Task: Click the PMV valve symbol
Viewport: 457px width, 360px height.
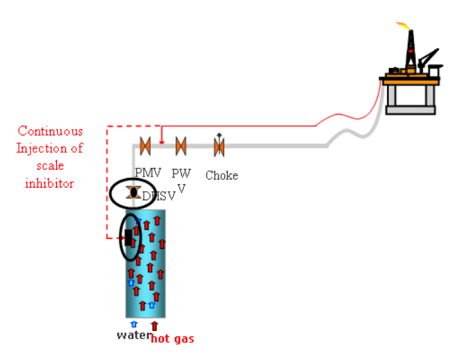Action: pyautogui.click(x=145, y=146)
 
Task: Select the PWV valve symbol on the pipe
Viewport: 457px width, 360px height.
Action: pyautogui.click(x=181, y=146)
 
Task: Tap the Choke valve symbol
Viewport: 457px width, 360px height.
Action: pyautogui.click(x=219, y=146)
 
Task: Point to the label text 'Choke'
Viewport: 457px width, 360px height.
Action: pyautogui.click(x=222, y=176)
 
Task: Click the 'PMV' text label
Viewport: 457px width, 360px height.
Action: pyautogui.click(x=148, y=172)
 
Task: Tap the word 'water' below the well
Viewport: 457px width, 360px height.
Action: pyautogui.click(x=133, y=336)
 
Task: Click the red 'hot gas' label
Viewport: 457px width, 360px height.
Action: pyautogui.click(x=172, y=339)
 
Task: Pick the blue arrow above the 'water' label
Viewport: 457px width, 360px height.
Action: pyautogui.click(x=134, y=324)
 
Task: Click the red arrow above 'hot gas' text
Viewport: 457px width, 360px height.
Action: pyautogui.click(x=154, y=325)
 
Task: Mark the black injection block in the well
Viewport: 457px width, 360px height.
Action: pyautogui.click(x=128, y=237)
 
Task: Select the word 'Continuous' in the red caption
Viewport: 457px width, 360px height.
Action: pyautogui.click(x=50, y=131)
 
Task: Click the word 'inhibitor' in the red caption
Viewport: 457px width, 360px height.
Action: pyautogui.click(x=49, y=183)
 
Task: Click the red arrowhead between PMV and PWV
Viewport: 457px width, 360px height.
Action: pyautogui.click(x=162, y=141)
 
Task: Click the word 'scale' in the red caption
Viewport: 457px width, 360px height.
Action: pyautogui.click(x=49, y=166)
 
